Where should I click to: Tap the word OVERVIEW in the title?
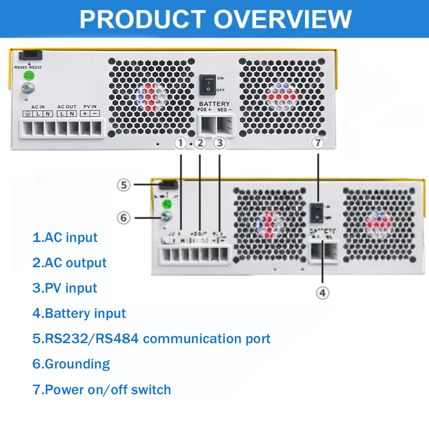point(283,19)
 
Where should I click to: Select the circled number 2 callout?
point(200,143)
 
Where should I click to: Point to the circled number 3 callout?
point(219,143)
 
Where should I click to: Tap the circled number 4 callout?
point(323,293)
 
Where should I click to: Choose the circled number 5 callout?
point(124,185)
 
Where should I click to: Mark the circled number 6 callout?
point(124,218)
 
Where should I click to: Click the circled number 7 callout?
point(317,143)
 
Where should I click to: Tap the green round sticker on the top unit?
point(29,76)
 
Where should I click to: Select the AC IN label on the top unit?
point(38,106)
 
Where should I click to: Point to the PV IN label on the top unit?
point(90,106)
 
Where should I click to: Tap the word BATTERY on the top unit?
point(214,104)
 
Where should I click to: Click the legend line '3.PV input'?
point(65,288)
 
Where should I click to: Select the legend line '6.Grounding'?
point(71,364)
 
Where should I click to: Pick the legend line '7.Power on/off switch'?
point(102,390)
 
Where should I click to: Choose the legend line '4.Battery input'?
point(79,313)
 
